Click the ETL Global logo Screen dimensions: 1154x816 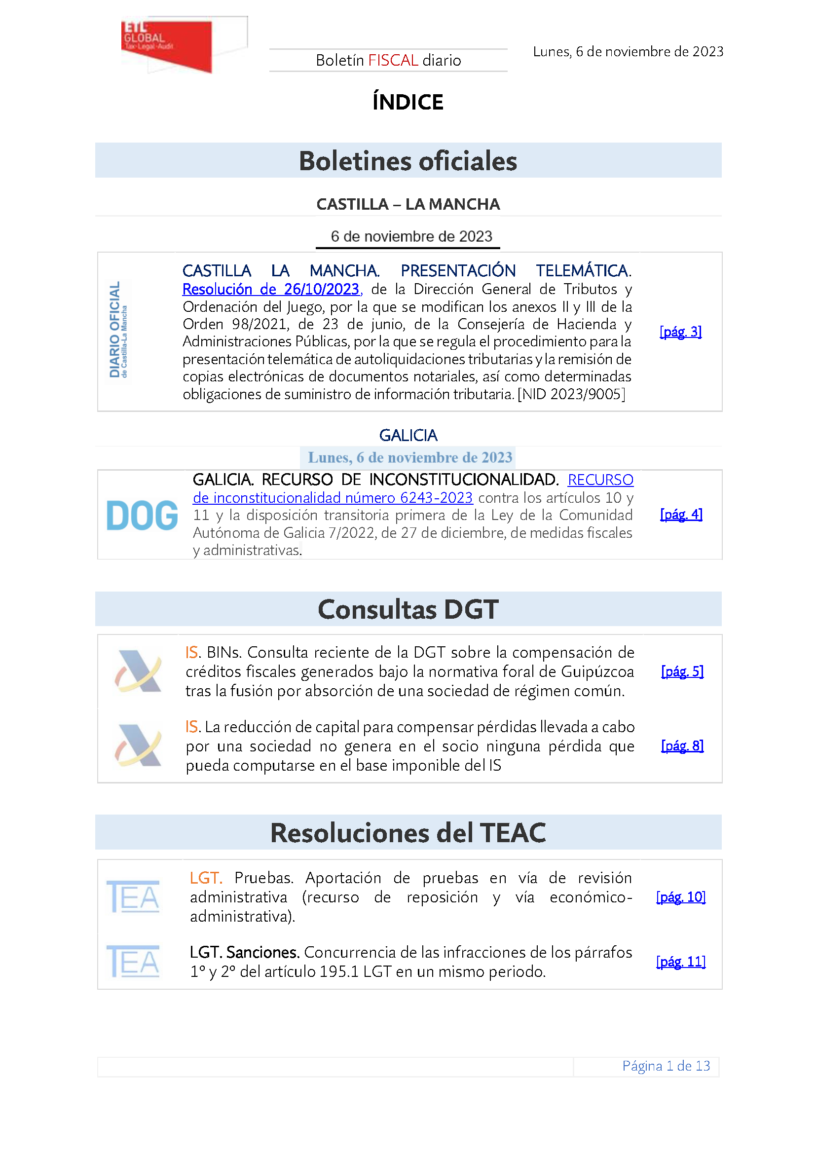[x=167, y=46]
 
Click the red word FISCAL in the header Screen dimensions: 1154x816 [x=393, y=61]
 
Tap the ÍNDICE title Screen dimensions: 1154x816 [x=408, y=103]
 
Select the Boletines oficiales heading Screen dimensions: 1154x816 [x=408, y=161]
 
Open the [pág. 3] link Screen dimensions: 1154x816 [x=680, y=332]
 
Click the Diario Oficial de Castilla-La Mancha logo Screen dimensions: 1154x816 [x=118, y=330]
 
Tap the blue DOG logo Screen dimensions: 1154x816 [x=142, y=516]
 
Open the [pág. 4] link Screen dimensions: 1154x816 [x=681, y=515]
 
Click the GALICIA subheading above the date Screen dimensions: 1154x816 [x=408, y=435]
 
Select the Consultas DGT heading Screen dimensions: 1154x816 [x=408, y=609]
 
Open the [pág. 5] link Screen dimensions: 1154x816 [x=682, y=671]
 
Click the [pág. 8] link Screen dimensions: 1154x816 [x=682, y=746]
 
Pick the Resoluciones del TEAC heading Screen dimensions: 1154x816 [x=408, y=833]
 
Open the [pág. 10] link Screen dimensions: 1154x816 [x=681, y=897]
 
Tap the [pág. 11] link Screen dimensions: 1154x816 [x=681, y=962]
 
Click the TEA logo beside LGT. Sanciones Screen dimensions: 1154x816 [x=133, y=962]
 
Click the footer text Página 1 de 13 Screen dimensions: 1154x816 [x=666, y=1066]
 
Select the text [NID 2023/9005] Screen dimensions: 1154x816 [x=571, y=395]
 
